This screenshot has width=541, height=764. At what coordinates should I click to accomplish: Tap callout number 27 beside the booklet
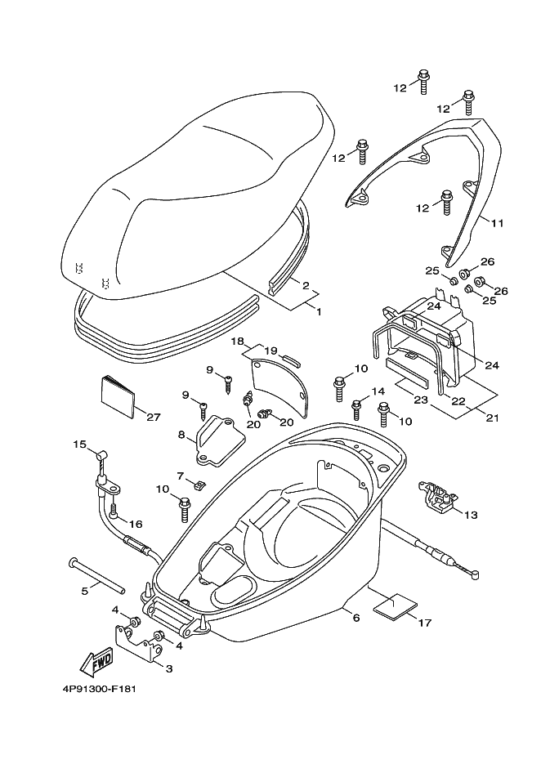click(154, 417)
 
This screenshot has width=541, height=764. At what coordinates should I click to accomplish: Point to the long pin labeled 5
click(97, 576)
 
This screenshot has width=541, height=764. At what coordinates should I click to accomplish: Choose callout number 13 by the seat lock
click(471, 515)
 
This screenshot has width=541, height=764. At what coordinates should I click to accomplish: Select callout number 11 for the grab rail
click(497, 223)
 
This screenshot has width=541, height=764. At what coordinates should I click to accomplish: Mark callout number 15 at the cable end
click(79, 445)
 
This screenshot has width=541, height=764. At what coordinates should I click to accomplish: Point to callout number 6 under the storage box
click(356, 618)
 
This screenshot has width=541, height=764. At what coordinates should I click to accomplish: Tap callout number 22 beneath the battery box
click(458, 400)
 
